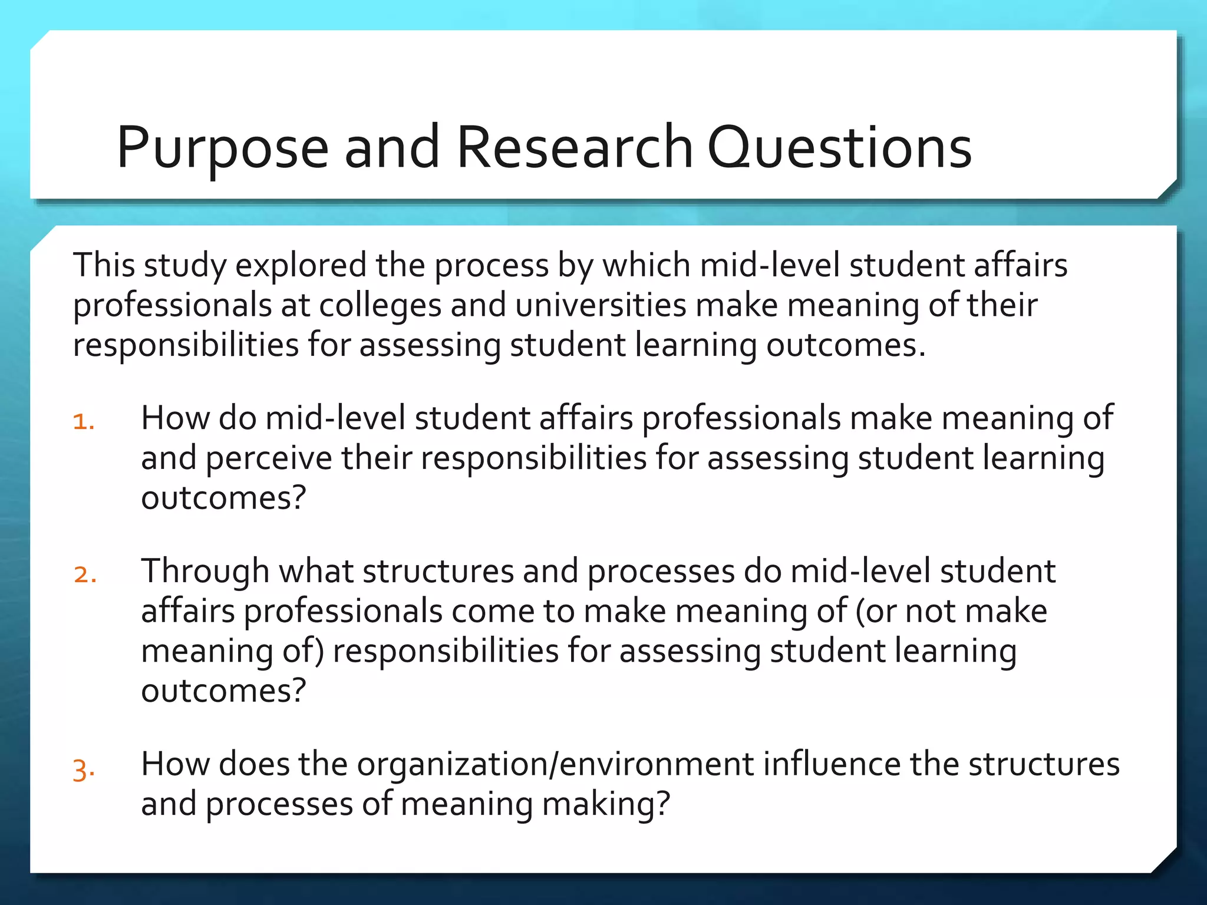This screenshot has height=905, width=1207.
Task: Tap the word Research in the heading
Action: point(575,147)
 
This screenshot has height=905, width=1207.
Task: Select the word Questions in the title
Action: point(839,147)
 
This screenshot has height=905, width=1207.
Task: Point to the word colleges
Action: point(381,305)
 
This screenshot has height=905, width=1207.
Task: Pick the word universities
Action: point(601,305)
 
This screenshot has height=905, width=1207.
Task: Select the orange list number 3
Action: point(84,769)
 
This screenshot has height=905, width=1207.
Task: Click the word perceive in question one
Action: point(269,458)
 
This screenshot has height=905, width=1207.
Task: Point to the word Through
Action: point(205,572)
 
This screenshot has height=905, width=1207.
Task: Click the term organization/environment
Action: point(555,764)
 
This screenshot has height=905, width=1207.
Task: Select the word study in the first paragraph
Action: point(184,265)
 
